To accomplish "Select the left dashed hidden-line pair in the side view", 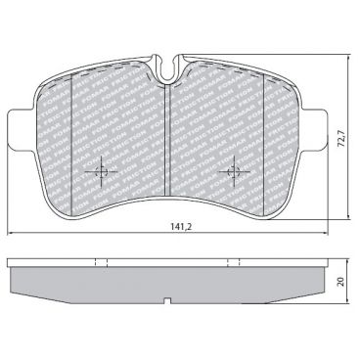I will [x=101, y=263].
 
